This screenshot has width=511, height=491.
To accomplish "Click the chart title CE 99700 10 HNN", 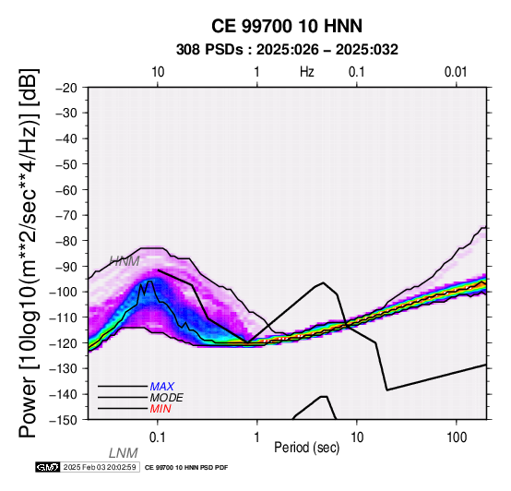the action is pos(287,26).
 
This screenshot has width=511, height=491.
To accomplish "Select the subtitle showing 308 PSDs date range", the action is pos(287,50).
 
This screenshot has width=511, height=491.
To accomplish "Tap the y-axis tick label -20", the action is pos(66,88).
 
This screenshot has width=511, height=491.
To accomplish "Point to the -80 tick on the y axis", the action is pos(66,241).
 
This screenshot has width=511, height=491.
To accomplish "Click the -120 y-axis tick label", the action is pos(63,343).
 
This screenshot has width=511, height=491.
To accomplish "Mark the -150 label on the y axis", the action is pos(63,420).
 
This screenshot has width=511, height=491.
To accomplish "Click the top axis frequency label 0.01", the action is pos(456,72).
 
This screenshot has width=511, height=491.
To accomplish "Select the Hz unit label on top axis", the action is pos(306,72).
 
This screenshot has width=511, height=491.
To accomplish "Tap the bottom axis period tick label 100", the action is pos(457,437).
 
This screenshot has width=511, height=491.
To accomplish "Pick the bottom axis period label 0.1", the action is pos(157,437).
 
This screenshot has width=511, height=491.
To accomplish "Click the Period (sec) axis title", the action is pos(306,448).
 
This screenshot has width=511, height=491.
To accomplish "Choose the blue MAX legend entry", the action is pos(162,387).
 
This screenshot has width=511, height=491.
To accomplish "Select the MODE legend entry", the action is pos(167,398).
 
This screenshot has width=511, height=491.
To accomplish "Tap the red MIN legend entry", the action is pos(160,409).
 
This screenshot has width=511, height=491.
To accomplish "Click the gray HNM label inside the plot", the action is pos(125,261).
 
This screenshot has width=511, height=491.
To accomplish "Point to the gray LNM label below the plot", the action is pos(124,453).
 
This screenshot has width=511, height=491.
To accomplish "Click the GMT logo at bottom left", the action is pos(48,467).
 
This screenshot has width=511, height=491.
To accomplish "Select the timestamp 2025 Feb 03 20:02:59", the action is pos(100,467).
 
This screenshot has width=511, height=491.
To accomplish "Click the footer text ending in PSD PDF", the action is pos(186,468).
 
